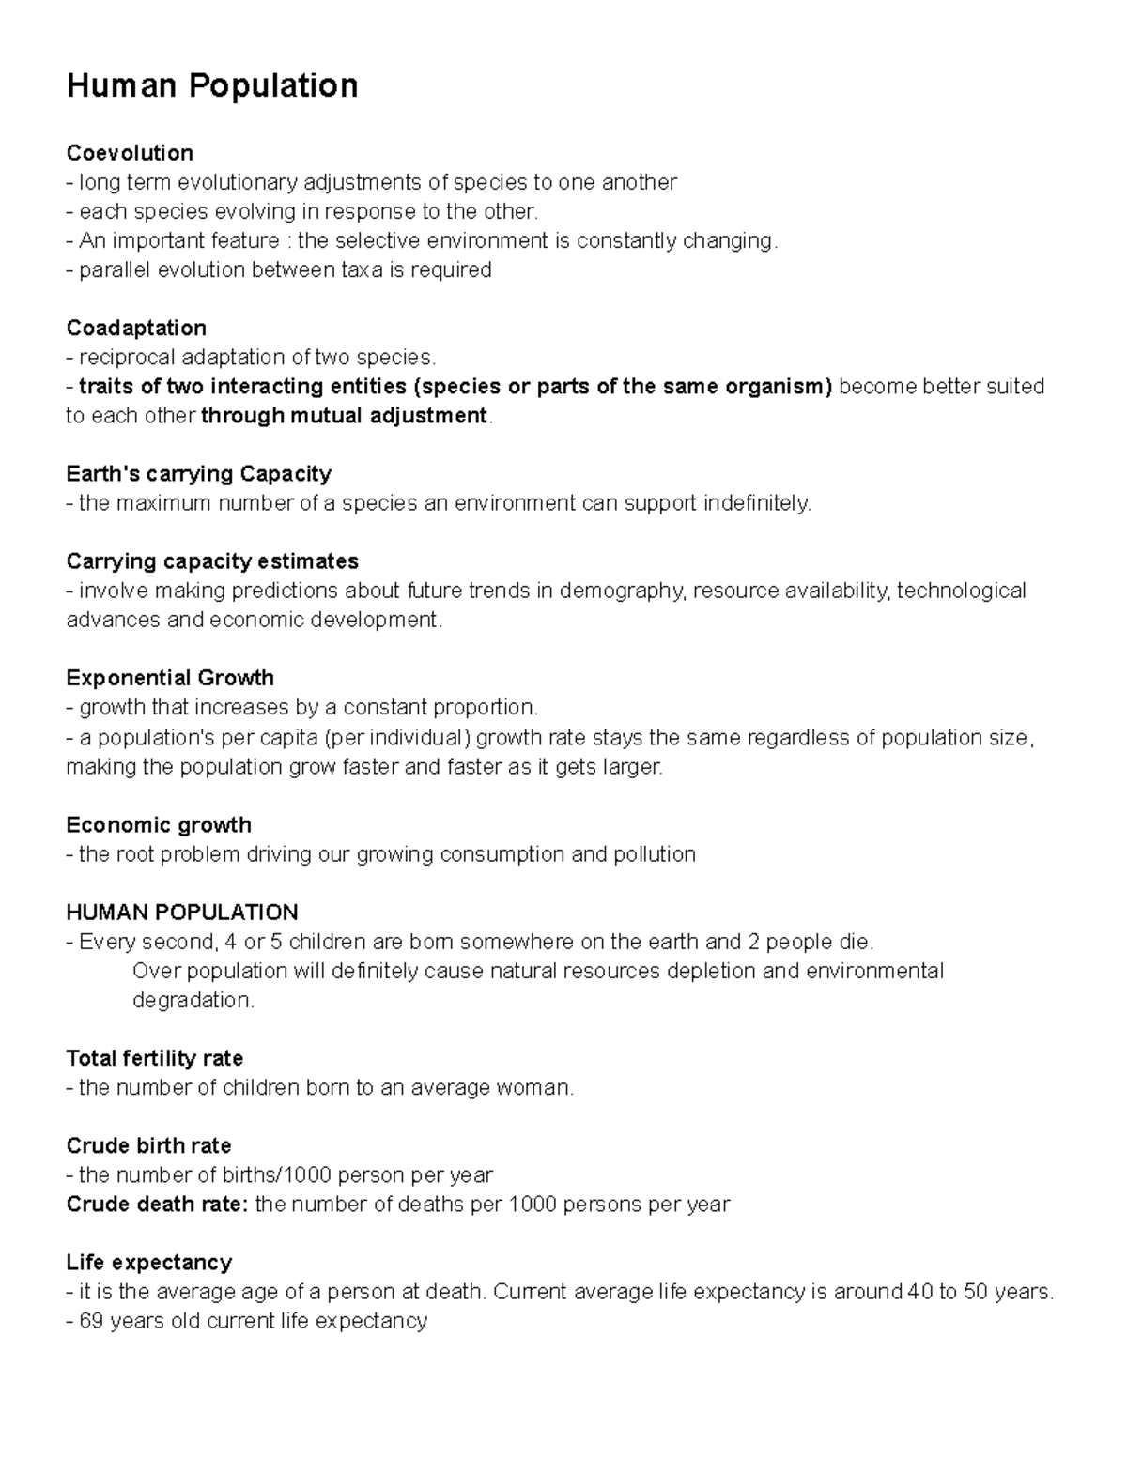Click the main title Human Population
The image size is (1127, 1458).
[211, 86]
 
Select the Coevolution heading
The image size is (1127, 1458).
[130, 153]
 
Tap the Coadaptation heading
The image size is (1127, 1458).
[136, 329]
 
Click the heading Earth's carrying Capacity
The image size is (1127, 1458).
[198, 474]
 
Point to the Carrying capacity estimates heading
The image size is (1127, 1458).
[212, 561]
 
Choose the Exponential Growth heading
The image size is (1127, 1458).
[170, 678]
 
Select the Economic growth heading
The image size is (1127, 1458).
[159, 825]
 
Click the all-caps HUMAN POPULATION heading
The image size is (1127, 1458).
[182, 913]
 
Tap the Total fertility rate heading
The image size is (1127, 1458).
[155, 1058]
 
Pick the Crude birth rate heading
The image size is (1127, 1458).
[148, 1146]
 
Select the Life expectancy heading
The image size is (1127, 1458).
[148, 1262]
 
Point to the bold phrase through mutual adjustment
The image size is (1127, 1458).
[345, 416]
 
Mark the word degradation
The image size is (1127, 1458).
[193, 1001]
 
